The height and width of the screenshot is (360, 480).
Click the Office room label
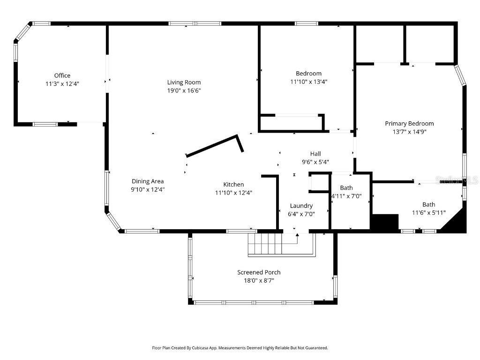coord(62,75)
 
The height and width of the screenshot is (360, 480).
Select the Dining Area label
coord(148,181)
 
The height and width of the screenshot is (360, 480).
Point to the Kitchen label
coord(233,185)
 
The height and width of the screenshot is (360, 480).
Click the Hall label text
coord(315,154)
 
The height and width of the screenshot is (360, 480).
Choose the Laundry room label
coord(301,206)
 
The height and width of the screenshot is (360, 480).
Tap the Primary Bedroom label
coord(409,124)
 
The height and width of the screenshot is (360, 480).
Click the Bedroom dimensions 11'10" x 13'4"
coord(308,82)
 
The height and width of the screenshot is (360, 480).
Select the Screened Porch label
coord(259,272)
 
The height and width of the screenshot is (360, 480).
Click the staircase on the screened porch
coord(265,243)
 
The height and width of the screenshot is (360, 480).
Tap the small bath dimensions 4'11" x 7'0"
coord(346,196)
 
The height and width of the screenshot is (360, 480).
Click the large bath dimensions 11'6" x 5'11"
coord(428,212)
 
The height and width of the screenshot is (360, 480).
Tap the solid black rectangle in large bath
coord(384,222)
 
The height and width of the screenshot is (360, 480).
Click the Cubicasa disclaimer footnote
coord(240,348)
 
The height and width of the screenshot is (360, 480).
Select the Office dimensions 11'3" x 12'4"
coord(62,83)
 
